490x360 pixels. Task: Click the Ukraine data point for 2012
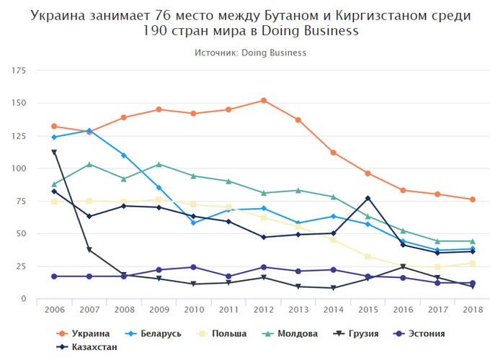click(264, 100)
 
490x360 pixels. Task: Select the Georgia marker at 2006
click(54, 152)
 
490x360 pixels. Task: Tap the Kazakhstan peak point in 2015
click(367, 198)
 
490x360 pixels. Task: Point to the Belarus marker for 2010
click(194, 223)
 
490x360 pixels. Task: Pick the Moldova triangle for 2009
click(159, 164)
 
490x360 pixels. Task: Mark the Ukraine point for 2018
click(472, 199)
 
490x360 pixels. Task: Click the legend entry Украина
click(85, 333)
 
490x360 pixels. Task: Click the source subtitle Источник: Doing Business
click(250, 53)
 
